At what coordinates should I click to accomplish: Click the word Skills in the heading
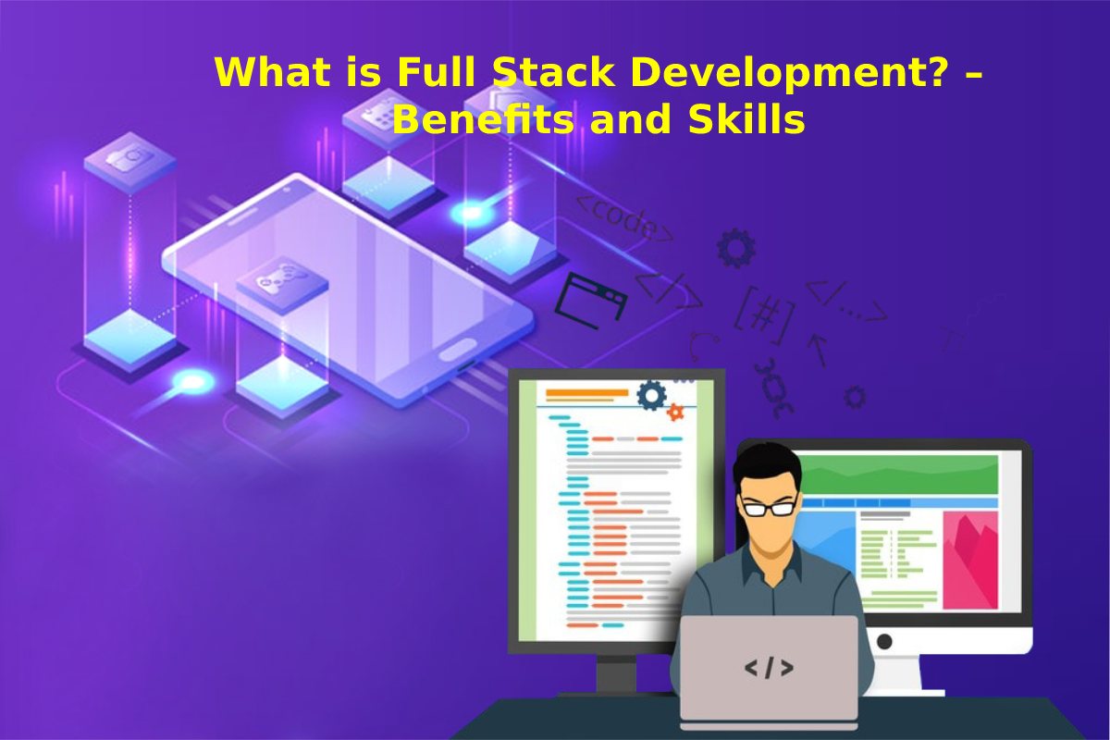746,119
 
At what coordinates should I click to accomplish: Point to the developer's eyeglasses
770,508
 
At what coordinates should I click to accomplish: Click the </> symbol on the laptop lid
769,668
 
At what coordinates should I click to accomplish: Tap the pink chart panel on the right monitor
970,560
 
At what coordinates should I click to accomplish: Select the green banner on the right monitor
899,475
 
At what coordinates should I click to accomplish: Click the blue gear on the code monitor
651,395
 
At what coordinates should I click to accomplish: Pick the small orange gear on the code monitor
675,412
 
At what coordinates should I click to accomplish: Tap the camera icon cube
129,159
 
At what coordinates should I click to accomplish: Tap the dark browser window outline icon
590,301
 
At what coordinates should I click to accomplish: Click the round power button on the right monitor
884,642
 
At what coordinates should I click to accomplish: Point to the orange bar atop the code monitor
587,393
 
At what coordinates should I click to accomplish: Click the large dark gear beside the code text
736,247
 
